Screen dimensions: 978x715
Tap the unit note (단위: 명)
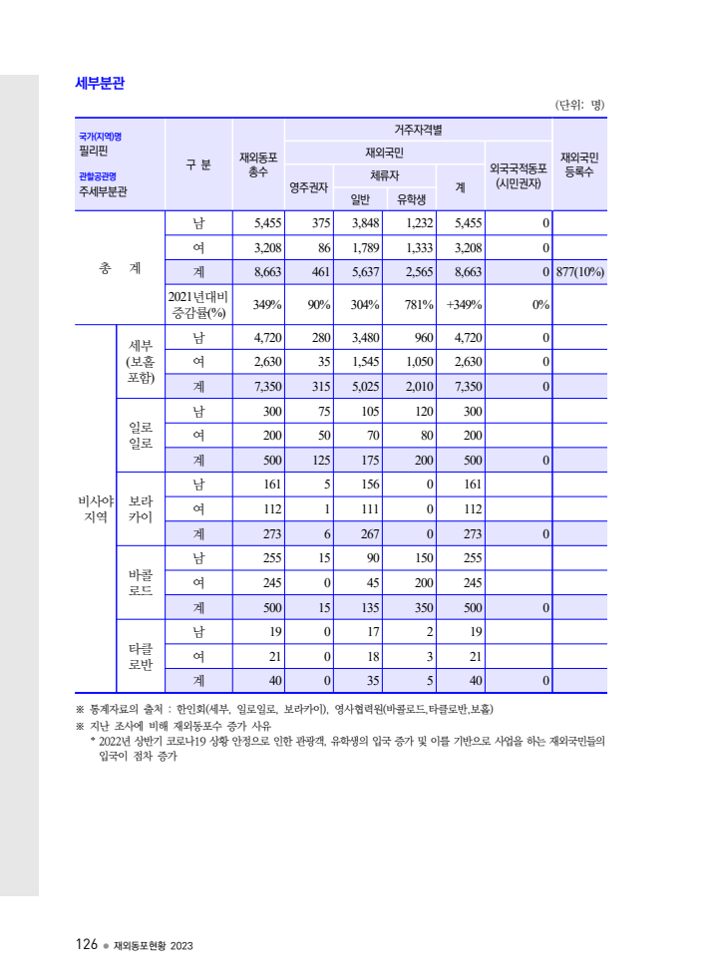(x=579, y=105)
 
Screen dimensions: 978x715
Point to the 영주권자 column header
(x=309, y=186)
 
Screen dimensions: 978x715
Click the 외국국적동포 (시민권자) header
(x=518, y=175)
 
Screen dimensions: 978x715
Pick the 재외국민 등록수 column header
(x=578, y=164)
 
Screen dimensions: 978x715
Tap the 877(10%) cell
(x=579, y=272)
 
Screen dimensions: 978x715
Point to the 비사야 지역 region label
(x=96, y=508)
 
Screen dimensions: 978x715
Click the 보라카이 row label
(x=140, y=508)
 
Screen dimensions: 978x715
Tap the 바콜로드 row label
(x=140, y=582)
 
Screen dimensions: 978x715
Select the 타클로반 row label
(x=140, y=656)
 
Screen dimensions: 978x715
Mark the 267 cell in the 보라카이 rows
(x=359, y=533)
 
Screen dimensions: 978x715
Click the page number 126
(x=85, y=944)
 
